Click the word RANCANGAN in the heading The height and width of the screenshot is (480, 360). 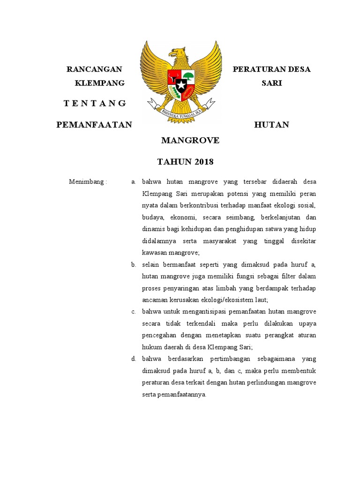pos(94,69)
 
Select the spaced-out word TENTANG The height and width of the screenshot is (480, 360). pos(95,104)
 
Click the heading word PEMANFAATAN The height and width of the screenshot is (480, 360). pos(94,125)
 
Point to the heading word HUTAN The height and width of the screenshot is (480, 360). pos(271,125)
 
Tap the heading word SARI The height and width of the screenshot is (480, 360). pos(272,83)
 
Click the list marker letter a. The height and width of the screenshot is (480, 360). pos(134,181)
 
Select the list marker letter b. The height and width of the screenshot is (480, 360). pos(134,264)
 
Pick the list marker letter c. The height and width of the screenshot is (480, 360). pos(134,312)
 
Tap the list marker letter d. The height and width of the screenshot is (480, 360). pos(134,359)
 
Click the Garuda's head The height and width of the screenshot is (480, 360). pos(177,53)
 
